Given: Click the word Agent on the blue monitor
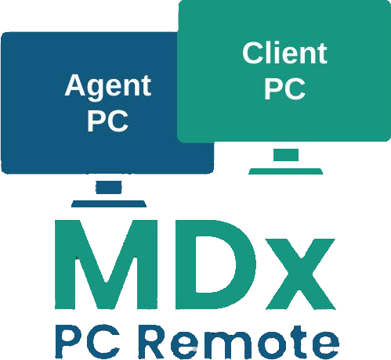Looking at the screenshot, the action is tap(108, 87).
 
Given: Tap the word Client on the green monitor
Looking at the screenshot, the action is tap(284, 53).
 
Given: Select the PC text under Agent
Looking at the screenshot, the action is tap(107, 121).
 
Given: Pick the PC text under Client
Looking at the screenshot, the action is tap(284, 88).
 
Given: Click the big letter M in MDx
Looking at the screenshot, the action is tap(106, 265).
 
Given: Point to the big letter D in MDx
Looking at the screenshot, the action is tap(215, 265).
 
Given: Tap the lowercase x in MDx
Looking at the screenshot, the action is tap(301, 274).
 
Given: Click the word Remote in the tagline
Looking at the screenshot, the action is tap(238, 342).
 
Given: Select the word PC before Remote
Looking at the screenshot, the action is tap(88, 342).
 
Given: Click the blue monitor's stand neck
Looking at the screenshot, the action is tap(109, 187).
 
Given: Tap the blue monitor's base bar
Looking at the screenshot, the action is tap(109, 203).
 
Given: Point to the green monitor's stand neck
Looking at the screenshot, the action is tap(286, 155).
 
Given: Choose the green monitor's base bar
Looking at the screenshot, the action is tap(286, 171).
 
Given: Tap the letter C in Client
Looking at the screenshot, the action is tap(253, 53).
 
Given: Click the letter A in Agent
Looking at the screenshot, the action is tap(75, 85).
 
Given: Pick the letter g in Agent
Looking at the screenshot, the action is tap(97, 90).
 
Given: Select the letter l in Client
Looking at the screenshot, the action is tap(269, 53).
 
